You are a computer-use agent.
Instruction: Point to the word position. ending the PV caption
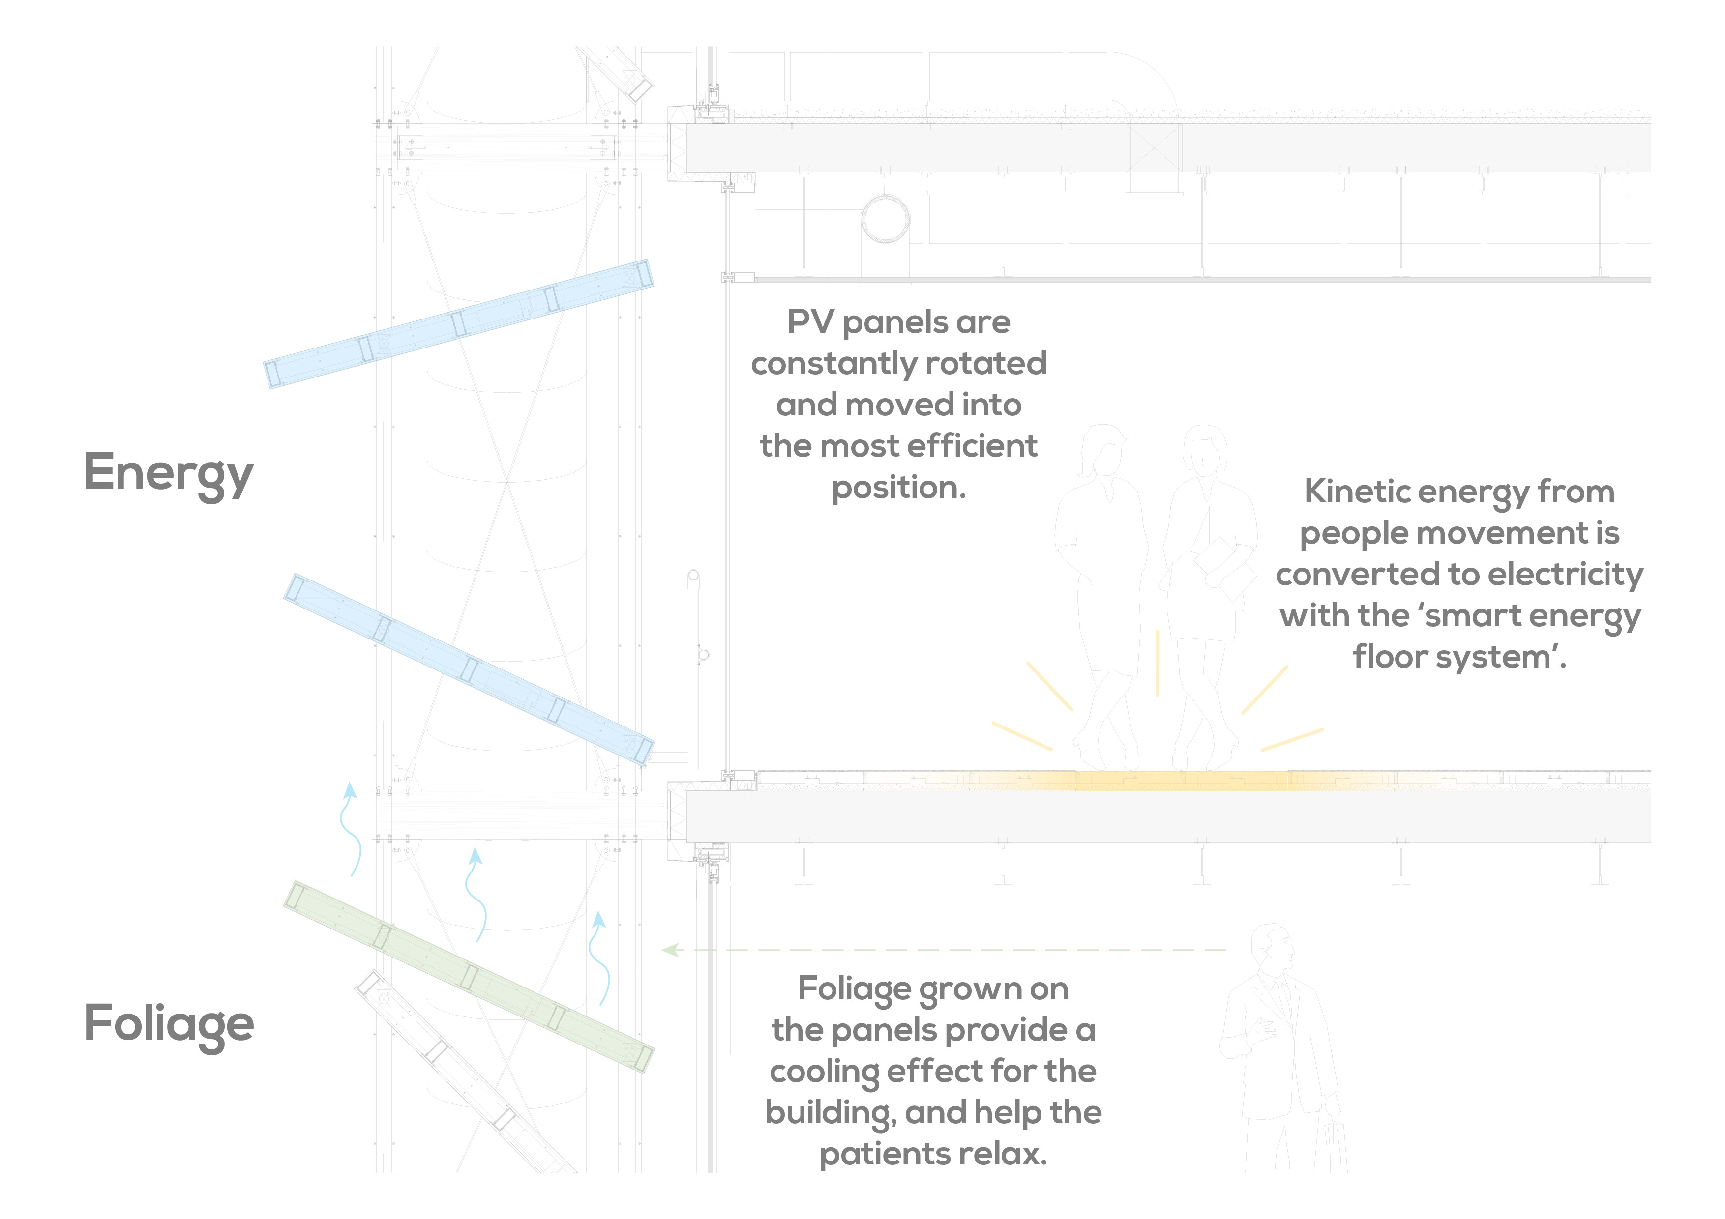[x=898, y=488]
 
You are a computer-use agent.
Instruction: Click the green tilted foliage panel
[x=469, y=976]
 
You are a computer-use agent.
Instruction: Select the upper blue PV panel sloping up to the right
[x=458, y=324]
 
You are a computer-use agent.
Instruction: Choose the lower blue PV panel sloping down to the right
[x=469, y=669]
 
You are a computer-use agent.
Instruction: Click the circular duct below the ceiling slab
[x=885, y=219]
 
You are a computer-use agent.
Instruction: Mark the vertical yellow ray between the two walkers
[x=1157, y=663]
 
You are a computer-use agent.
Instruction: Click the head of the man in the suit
[x=1275, y=948]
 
